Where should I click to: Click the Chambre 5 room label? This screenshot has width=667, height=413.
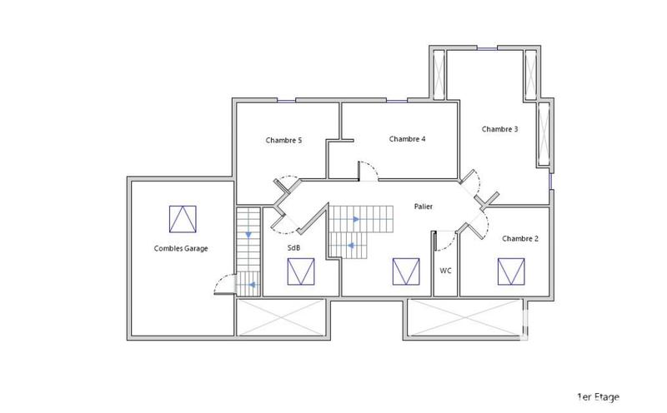[283, 141]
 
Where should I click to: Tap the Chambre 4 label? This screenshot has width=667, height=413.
[407, 139]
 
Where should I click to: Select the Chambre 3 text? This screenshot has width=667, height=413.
[499, 129]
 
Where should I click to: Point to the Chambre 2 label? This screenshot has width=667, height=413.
[519, 239]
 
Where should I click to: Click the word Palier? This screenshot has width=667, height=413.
[424, 206]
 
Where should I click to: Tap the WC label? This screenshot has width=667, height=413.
[445, 271]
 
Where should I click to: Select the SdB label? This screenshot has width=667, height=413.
[294, 248]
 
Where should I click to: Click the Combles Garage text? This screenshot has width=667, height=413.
[181, 248]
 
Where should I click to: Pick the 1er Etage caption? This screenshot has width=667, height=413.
[598, 397]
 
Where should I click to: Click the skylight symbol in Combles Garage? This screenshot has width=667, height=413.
[183, 219]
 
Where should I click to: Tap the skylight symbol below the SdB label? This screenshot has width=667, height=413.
[300, 271]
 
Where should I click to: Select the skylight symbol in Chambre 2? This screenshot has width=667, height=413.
[511, 271]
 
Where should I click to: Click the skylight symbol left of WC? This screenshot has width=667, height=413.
[406, 271]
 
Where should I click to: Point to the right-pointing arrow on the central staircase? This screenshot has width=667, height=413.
[355, 220]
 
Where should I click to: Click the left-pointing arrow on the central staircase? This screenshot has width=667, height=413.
[351, 246]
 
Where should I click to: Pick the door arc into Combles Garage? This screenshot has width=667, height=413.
[223, 285]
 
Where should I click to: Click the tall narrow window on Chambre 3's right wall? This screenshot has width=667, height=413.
[544, 133]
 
